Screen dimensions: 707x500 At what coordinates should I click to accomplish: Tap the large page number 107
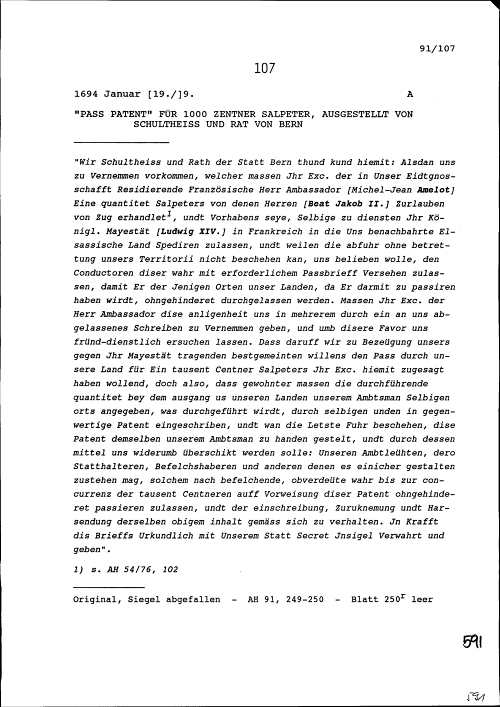264,68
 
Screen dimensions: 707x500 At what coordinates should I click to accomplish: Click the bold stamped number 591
471,641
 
